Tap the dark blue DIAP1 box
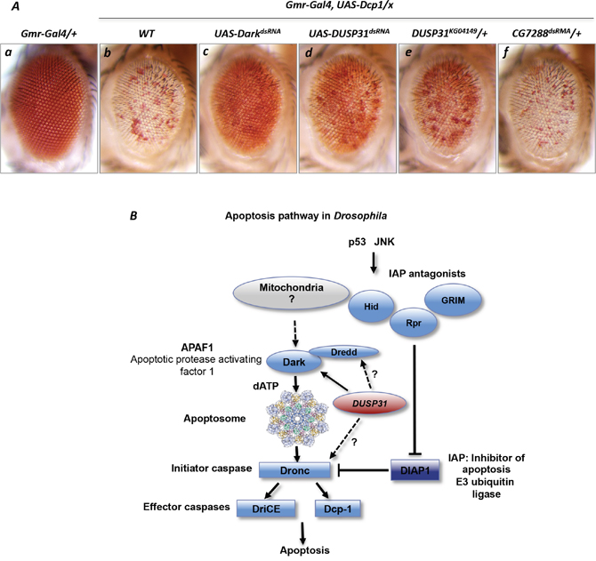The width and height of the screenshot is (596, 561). pyautogui.click(x=418, y=468)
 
